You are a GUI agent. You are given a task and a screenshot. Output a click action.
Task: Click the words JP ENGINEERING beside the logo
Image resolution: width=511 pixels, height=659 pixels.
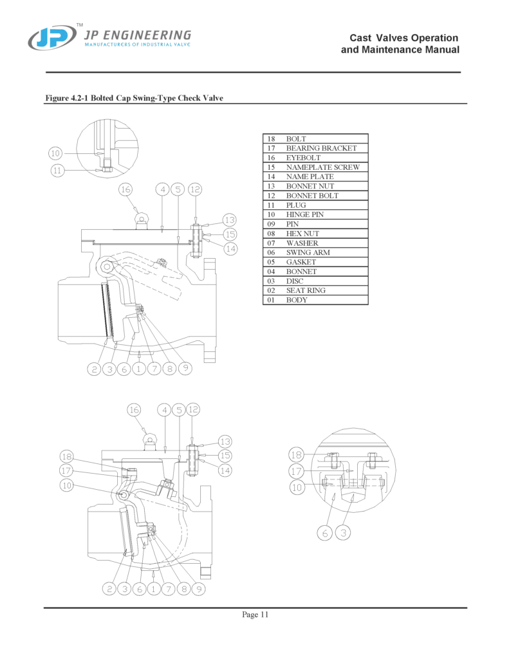point(138,35)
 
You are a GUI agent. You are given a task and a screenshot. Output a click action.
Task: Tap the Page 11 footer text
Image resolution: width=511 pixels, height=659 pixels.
point(255,615)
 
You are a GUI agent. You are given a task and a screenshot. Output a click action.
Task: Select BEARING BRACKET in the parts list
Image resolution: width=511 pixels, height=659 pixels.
point(321,148)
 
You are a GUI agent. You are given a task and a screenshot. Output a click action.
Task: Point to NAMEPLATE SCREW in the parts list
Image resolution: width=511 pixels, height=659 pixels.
point(322,167)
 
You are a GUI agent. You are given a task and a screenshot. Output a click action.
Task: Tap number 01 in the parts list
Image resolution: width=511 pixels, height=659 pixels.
point(271,300)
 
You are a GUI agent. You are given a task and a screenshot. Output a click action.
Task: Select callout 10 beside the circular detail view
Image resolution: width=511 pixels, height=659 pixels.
point(55,153)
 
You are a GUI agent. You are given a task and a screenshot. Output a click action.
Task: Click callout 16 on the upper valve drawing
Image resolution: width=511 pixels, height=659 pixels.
point(125,189)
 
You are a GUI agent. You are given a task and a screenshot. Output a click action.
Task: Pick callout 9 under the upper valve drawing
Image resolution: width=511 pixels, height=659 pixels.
point(185,369)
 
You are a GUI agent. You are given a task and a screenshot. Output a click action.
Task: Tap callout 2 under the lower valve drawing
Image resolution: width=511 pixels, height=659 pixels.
point(110,588)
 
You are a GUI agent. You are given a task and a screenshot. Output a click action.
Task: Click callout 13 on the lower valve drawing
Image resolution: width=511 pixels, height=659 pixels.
point(225,441)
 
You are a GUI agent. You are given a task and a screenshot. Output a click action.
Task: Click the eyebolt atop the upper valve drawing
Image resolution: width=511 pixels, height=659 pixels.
point(141,219)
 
